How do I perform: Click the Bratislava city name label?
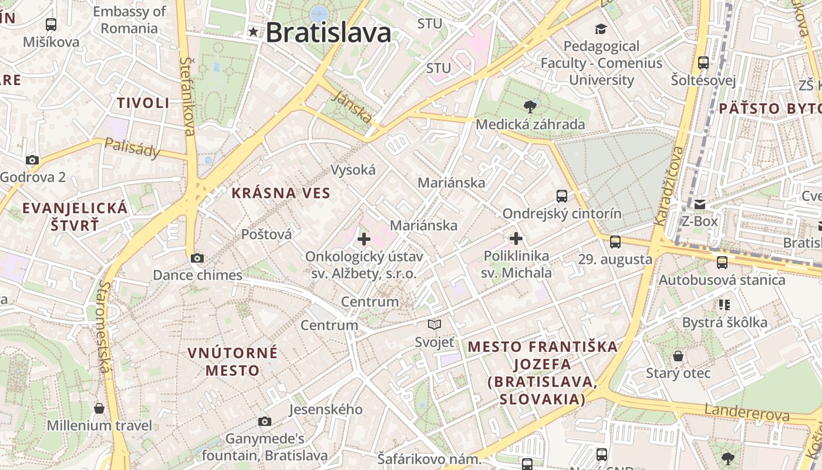[328, 32]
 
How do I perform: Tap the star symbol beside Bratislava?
[253, 32]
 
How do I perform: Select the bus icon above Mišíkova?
[51, 25]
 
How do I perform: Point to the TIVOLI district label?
[143, 103]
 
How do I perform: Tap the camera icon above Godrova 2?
[32, 160]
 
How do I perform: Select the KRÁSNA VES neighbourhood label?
[281, 193]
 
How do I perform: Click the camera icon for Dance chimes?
[197, 258]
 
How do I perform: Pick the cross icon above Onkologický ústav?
[364, 239]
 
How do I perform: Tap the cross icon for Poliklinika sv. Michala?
[516, 239]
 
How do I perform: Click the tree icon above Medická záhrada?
[530, 106]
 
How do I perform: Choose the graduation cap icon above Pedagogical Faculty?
[601, 29]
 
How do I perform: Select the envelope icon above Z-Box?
[700, 204]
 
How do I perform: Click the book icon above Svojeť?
[434, 324]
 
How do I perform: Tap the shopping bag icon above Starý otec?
[678, 356]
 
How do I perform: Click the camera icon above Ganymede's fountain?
[265, 421]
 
